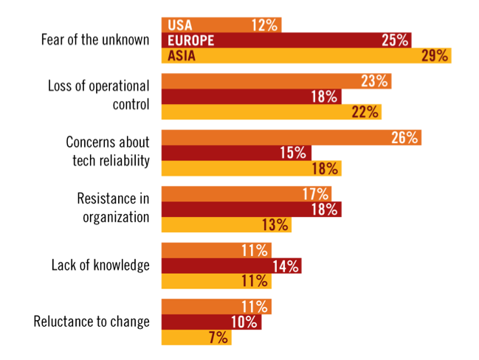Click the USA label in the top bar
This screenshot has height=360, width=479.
(x=180, y=25)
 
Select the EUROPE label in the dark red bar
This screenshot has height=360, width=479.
(x=191, y=40)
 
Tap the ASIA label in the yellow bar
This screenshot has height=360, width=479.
(x=182, y=55)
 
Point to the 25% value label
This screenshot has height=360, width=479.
(x=396, y=40)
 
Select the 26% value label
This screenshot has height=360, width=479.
(x=404, y=138)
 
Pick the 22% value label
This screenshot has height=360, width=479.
(x=365, y=112)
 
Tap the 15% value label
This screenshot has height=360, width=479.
(x=293, y=153)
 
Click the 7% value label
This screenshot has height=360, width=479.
(x=218, y=338)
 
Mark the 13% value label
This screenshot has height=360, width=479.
(x=275, y=225)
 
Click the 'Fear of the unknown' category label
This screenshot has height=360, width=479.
(x=95, y=40)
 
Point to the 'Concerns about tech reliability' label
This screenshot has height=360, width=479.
(x=108, y=152)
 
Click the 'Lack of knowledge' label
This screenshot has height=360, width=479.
(x=100, y=266)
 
